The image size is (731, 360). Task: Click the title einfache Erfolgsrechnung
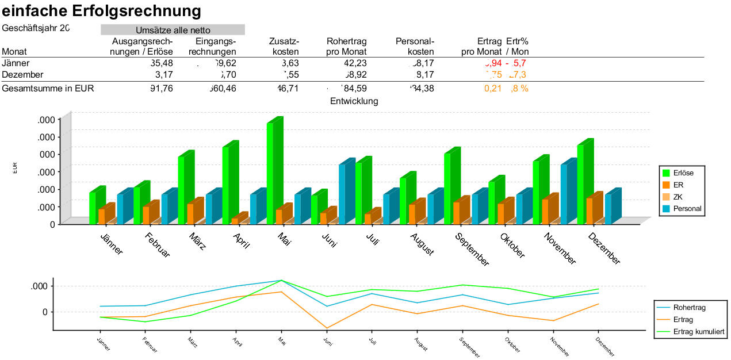pos(102,10)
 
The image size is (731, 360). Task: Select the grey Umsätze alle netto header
pos(173,30)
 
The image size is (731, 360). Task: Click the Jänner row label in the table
pos(16,63)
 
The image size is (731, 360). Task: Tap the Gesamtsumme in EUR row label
pos(48,89)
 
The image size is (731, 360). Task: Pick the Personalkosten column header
pos(415,47)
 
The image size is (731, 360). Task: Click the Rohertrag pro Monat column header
pos(346,47)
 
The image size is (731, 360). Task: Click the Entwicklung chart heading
pos(354,101)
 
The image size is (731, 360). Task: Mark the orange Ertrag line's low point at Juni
pos(327,328)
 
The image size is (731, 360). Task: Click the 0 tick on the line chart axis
pos(44,312)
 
